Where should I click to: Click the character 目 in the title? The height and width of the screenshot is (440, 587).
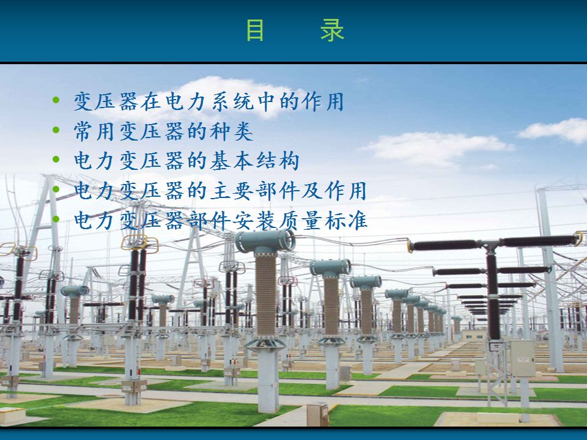coord(255,31)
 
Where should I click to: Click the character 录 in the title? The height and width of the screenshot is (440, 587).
coord(332,31)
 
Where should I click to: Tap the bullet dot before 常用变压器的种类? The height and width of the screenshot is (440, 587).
coord(56,130)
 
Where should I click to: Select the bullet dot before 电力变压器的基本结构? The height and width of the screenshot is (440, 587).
coord(56,159)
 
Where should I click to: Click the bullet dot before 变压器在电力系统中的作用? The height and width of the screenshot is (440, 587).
coord(56,100)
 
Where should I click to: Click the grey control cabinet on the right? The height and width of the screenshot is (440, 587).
coord(523,358)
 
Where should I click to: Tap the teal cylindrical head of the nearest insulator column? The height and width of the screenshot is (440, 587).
coord(265,241)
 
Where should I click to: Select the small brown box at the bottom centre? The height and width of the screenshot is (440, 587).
coord(317,414)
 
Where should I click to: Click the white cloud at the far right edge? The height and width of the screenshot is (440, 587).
coord(555,130)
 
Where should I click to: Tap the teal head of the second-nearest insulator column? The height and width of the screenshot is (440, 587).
coord(331,268)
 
